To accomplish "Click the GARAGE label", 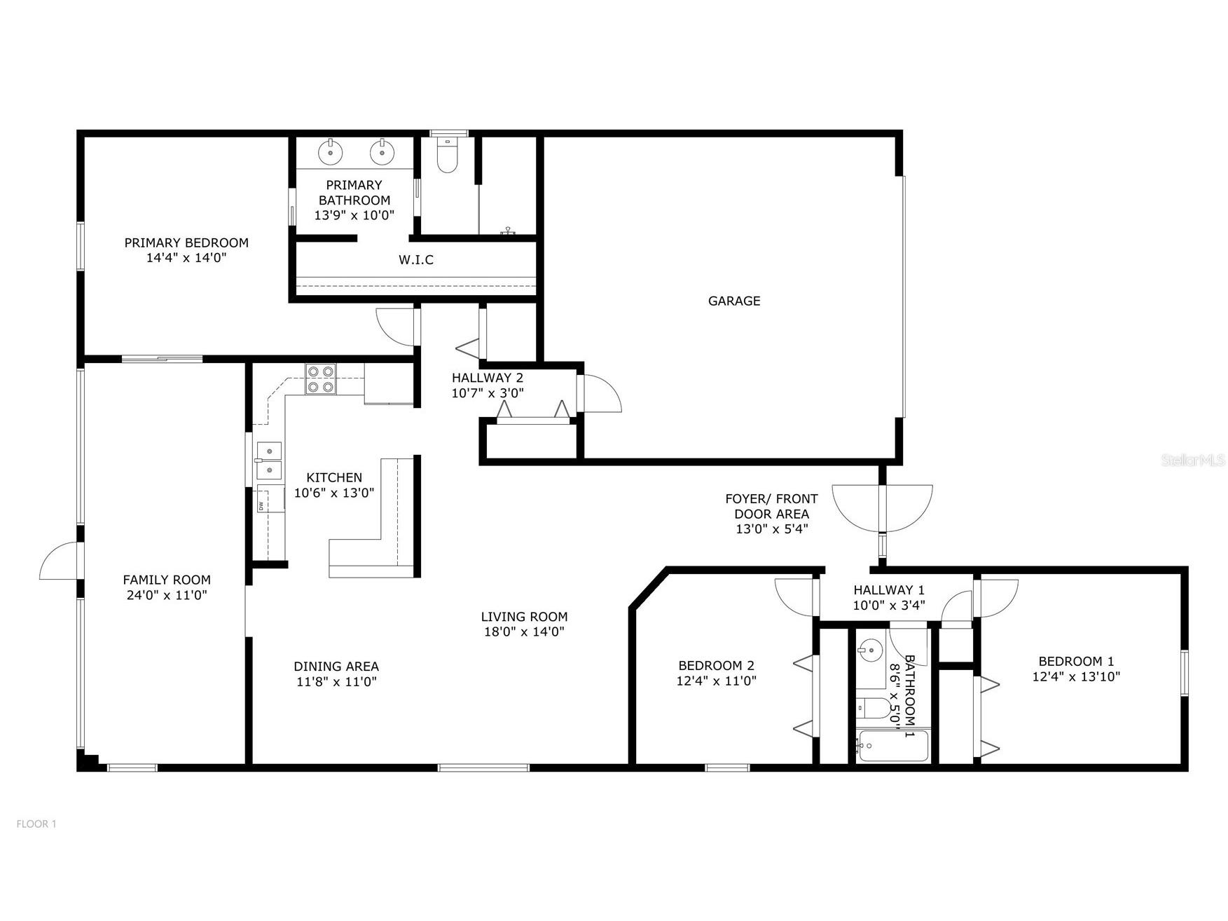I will pyautogui.click(x=733, y=301).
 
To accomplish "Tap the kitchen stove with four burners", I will pyautogui.click(x=321, y=379).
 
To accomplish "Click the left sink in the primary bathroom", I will pyautogui.click(x=329, y=151).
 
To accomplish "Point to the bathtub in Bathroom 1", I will pyautogui.click(x=892, y=746).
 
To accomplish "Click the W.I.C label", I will pyautogui.click(x=416, y=260).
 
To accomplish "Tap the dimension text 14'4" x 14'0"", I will pyautogui.click(x=186, y=258).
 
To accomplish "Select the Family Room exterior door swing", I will pyautogui.click(x=60, y=563).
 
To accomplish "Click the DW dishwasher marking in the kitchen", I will pyautogui.click(x=261, y=505).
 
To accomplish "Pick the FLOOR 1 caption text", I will pyautogui.click(x=36, y=824).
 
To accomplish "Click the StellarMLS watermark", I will pyautogui.click(x=1193, y=460).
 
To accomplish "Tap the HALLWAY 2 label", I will pyautogui.click(x=487, y=378).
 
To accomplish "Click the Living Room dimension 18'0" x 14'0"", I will pyautogui.click(x=523, y=632).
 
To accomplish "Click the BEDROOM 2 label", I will pyautogui.click(x=716, y=665).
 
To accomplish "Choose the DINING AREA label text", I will pyautogui.click(x=336, y=667).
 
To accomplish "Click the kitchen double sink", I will pyautogui.click(x=268, y=459).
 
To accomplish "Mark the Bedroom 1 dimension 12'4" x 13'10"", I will pyautogui.click(x=1076, y=676).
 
